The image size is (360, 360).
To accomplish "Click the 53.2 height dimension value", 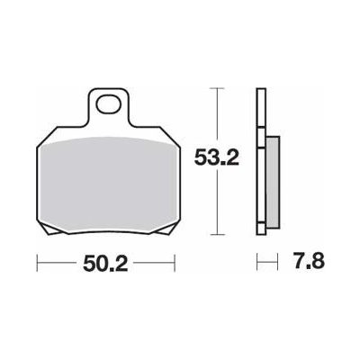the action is pos(217,157).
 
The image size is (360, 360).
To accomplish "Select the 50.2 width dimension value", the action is pos(105,264).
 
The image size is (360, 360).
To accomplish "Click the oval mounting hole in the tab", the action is pos(109,104).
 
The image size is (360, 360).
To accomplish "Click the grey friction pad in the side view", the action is pos(273,182).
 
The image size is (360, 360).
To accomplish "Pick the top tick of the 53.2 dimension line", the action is pos(217,88).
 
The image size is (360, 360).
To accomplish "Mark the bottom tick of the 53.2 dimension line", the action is pos(217,235).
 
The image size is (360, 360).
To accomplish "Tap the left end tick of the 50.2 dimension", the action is pos(37,264).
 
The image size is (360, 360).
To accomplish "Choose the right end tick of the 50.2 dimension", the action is pos(175,264).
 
